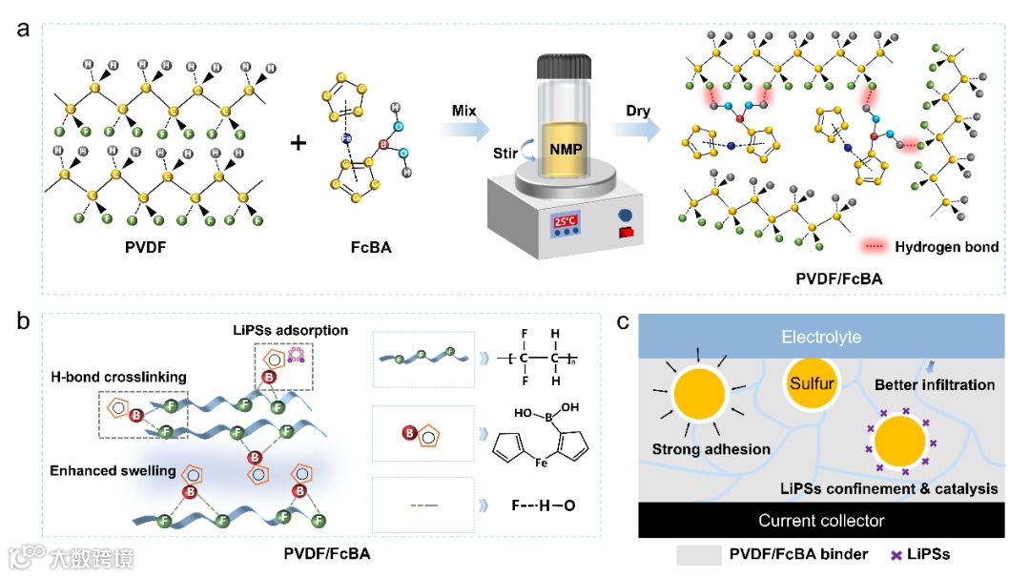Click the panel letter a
coord(24,28)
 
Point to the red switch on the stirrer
coord(628,232)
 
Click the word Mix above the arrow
coord(465,112)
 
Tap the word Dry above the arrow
coord(638,112)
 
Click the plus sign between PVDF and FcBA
coord(299,144)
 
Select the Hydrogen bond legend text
coord(946,247)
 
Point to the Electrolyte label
coord(819,337)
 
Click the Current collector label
coord(820,521)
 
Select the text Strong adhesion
coord(711,449)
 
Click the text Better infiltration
coord(935,385)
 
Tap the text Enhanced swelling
coord(113,471)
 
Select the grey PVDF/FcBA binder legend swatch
coord(698,554)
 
